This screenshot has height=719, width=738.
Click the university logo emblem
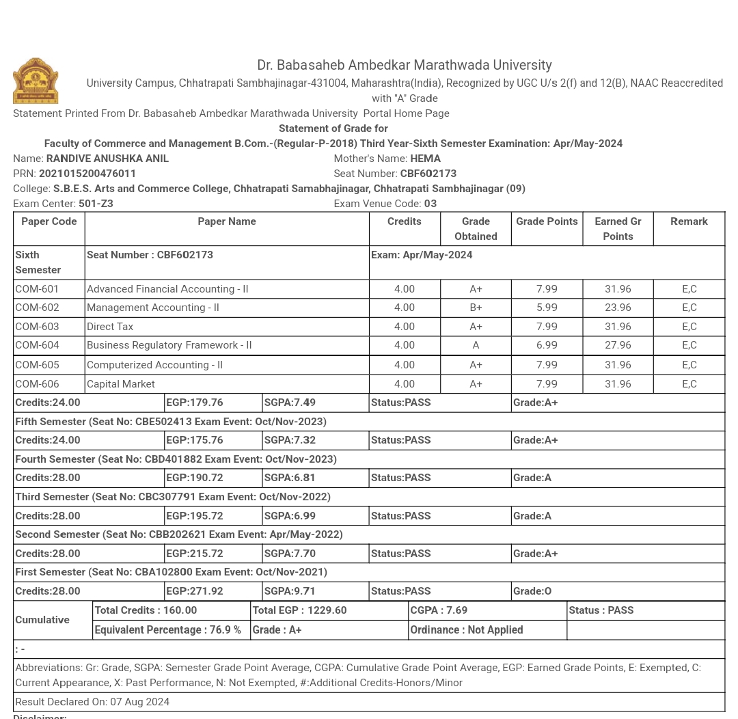pyautogui.click(x=36, y=81)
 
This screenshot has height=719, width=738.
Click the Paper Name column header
pyautogui.click(x=227, y=221)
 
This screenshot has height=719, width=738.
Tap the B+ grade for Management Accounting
pyautogui.click(x=476, y=308)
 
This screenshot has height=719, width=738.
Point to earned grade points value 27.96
pyautogui.click(x=618, y=345)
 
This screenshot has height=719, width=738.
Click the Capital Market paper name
pyautogui.click(x=121, y=384)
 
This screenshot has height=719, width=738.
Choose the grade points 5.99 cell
pyautogui.click(x=547, y=308)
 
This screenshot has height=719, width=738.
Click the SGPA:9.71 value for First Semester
pyautogui.click(x=290, y=591)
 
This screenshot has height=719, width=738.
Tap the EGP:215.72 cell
pyautogui.click(x=195, y=554)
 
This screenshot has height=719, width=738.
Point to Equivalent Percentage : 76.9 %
pyautogui.click(x=167, y=630)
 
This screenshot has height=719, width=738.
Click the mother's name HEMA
pyautogui.click(x=425, y=159)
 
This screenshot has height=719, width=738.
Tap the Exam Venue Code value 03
pyautogui.click(x=430, y=204)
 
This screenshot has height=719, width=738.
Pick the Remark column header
pyautogui.click(x=689, y=221)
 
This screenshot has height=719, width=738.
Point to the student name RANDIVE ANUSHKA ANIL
pyautogui.click(x=107, y=159)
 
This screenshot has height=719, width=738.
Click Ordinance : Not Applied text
pyautogui.click(x=467, y=630)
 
